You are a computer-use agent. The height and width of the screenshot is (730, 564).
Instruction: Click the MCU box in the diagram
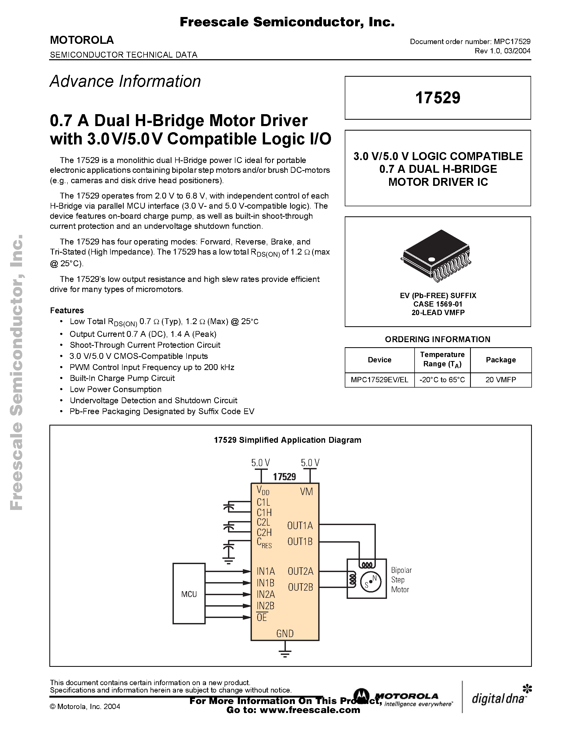pyautogui.click(x=189, y=594)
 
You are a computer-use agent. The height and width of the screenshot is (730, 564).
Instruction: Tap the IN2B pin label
pyautogui.click(x=265, y=606)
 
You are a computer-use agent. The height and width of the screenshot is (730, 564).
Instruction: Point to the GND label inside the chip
pyautogui.click(x=285, y=633)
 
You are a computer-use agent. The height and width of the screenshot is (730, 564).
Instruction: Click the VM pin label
pyautogui.click(x=306, y=491)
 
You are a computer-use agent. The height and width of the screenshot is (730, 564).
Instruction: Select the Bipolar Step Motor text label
pyautogui.click(x=401, y=580)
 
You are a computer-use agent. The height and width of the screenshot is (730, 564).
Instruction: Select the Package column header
pyautogui.click(x=501, y=360)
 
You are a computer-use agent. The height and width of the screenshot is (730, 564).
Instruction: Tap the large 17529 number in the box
pyautogui.click(x=437, y=98)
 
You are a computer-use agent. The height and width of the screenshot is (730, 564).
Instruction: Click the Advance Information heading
pyautogui.click(x=125, y=81)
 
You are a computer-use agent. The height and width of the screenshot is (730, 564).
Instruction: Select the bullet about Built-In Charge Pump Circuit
pyautogui.click(x=122, y=378)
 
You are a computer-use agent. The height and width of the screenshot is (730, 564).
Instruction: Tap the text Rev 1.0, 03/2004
pyautogui.click(x=502, y=51)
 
